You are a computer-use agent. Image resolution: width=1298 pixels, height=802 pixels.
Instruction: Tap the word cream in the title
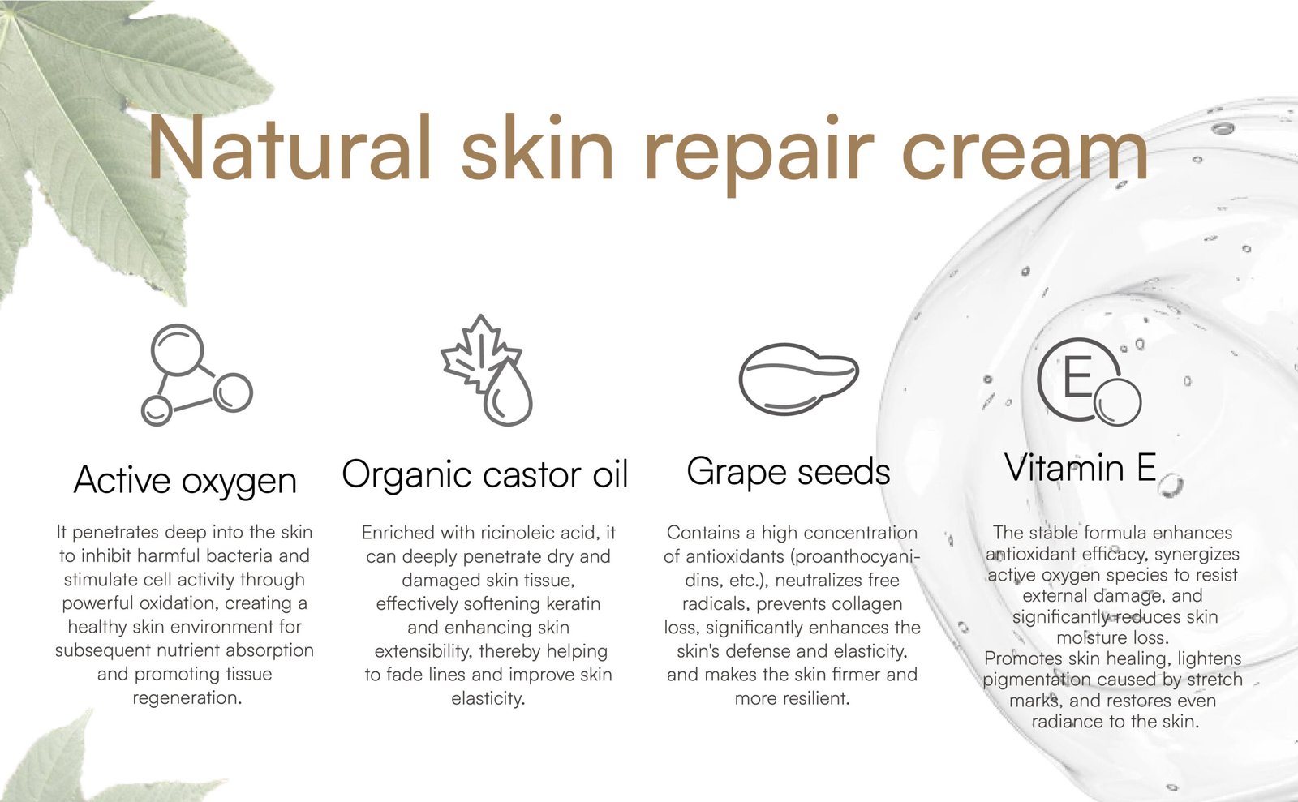coord(1025,153)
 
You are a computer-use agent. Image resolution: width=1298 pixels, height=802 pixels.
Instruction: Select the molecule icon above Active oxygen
coord(197,375)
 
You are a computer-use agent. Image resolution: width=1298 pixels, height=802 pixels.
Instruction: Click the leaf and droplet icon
coord(487,371)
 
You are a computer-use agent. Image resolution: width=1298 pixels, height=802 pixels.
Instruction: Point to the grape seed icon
coord(798,379)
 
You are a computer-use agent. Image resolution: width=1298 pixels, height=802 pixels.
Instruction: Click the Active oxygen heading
coord(185,481)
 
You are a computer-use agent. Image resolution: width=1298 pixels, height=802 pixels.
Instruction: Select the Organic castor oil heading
coord(485,474)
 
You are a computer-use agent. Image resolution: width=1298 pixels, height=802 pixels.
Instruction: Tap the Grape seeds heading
coord(788,471)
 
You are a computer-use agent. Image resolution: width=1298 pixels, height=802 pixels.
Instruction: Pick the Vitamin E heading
coord(1080,467)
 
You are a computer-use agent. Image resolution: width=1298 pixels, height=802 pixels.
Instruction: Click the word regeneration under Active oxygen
coord(187,698)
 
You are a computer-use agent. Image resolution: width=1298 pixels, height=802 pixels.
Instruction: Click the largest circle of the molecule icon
coord(178,350)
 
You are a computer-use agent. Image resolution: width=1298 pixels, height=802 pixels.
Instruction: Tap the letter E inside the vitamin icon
coord(1078,375)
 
